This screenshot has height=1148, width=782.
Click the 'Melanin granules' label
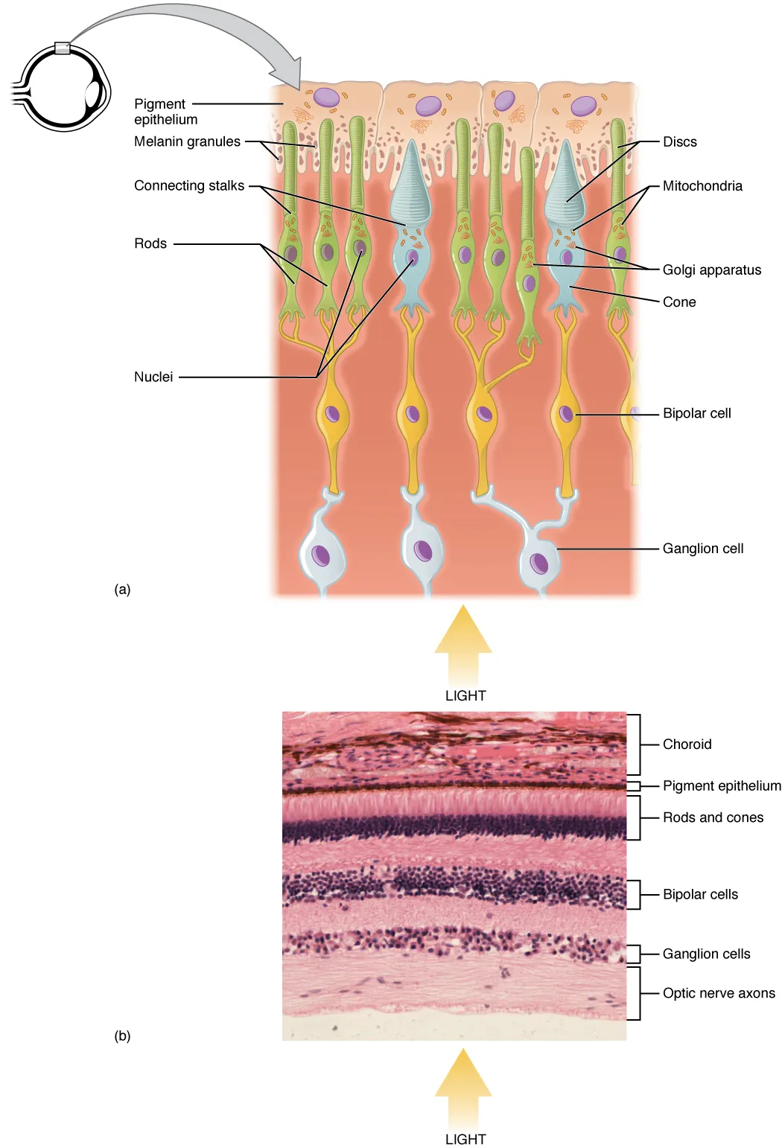(187, 141)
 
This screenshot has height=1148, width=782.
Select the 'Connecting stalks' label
(188, 185)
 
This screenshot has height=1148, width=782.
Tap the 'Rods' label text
(150, 243)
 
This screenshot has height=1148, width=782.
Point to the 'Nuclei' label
(153, 377)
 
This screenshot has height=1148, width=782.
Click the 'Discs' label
(679, 141)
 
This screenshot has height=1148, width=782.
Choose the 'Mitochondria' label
(702, 186)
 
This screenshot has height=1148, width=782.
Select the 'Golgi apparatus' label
(711, 270)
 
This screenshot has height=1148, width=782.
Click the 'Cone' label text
(679, 302)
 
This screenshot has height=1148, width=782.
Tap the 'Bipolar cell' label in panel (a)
(696, 413)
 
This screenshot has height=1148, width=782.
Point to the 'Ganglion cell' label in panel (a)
(702, 549)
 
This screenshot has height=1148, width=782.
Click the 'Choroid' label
(687, 744)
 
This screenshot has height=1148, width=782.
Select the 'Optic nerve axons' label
(718, 993)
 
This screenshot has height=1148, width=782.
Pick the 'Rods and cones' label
(713, 817)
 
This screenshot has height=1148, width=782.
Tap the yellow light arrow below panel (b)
(463, 1083)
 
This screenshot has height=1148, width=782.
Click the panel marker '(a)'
(122, 590)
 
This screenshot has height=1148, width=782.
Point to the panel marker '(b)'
(122, 1036)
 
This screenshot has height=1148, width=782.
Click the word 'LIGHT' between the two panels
(465, 695)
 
